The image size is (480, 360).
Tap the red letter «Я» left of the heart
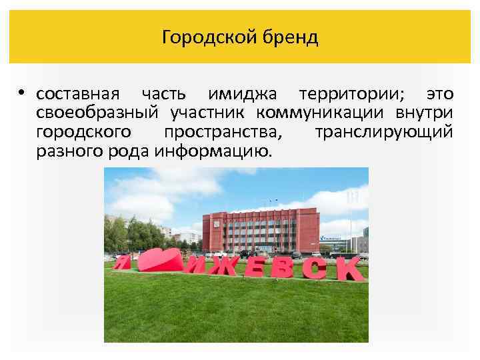(122, 261)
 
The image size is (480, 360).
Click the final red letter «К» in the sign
(350, 269)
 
